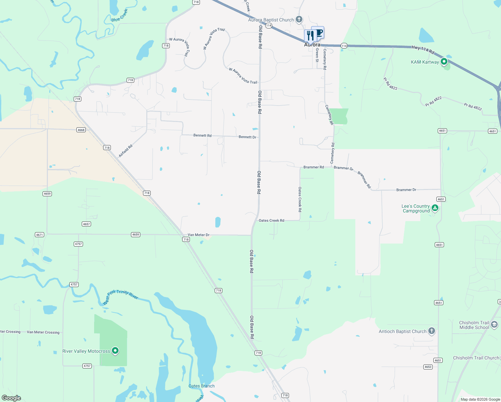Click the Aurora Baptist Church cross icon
299,19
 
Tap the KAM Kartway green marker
444,62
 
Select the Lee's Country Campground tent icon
435,208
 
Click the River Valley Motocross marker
115,351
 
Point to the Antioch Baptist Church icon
432,331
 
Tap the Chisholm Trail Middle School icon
494,325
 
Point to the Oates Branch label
201,386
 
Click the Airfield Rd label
126,151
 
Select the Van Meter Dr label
198,235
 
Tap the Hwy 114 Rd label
423,50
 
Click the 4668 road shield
81,130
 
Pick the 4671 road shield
40,235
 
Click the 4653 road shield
428,367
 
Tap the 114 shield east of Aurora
344,46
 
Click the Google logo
11,398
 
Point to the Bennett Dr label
247,137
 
